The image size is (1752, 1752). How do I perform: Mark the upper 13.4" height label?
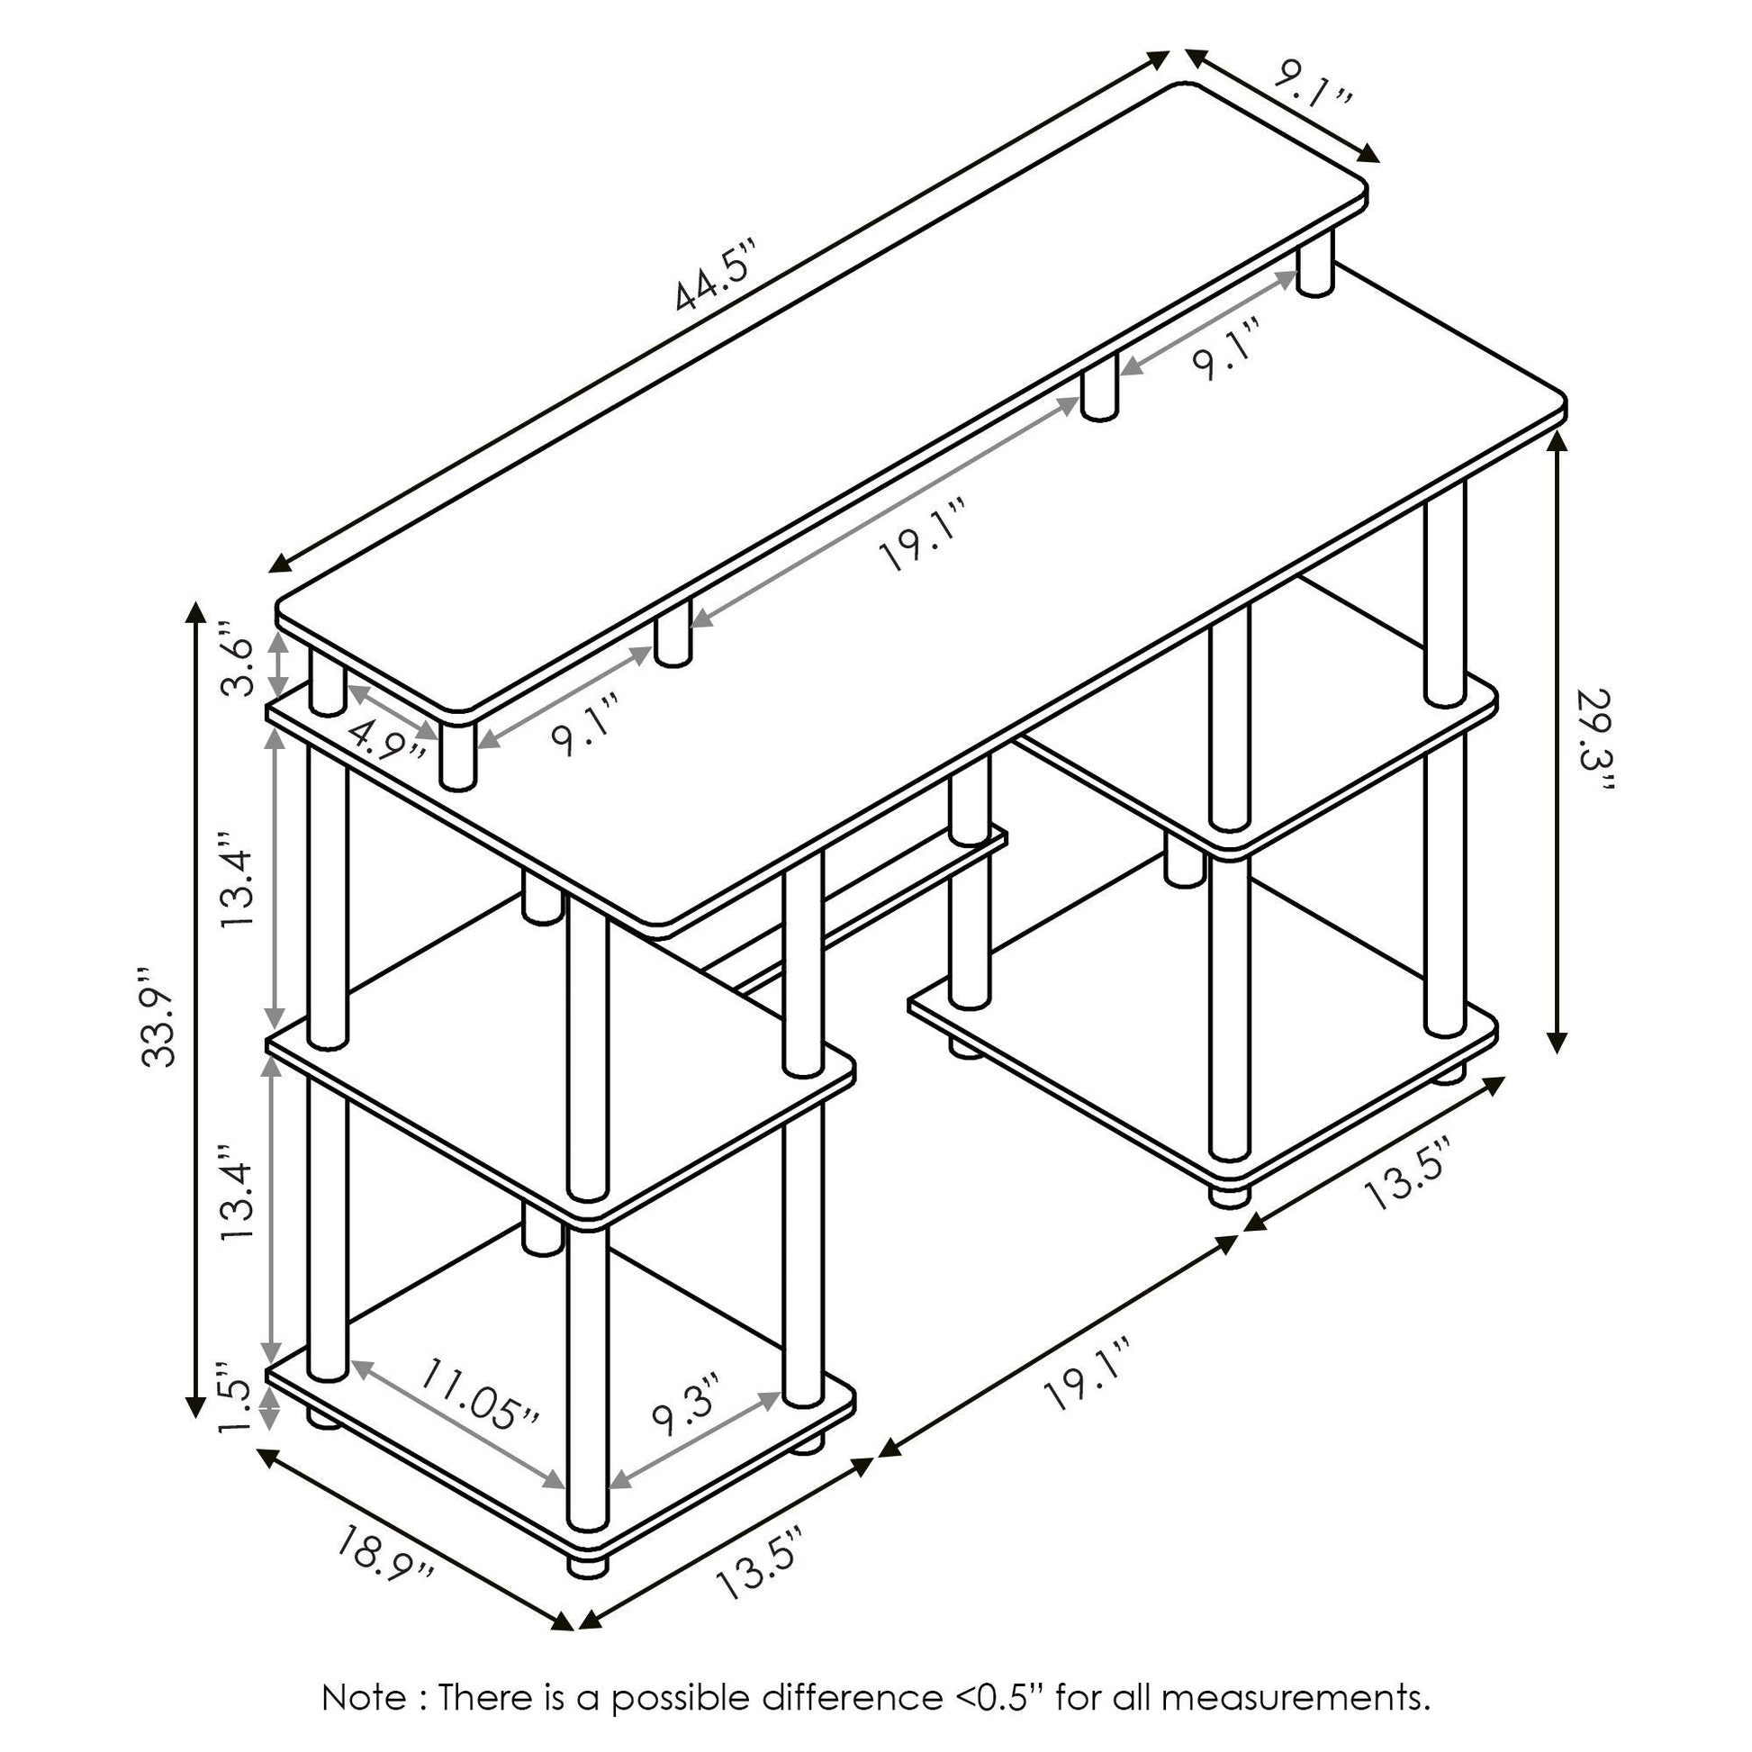[239, 878]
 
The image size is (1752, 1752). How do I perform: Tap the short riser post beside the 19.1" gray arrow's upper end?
[1098, 388]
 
